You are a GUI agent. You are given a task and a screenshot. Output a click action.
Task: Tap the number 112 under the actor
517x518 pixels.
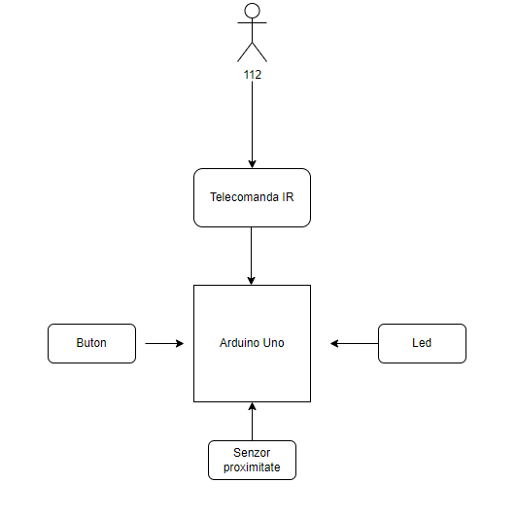[x=253, y=75]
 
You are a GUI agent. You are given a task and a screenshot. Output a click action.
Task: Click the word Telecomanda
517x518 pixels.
[x=245, y=197]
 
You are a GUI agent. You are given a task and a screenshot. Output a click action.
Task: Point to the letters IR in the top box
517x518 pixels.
[x=288, y=197]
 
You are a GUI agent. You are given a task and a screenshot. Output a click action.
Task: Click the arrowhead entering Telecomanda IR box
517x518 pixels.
[x=252, y=164]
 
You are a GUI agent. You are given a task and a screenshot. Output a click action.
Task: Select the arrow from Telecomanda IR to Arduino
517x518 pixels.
[x=251, y=256]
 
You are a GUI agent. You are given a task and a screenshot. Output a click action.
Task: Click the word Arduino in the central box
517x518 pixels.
[x=239, y=343]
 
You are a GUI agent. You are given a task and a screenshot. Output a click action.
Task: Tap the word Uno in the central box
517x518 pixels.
[x=273, y=343]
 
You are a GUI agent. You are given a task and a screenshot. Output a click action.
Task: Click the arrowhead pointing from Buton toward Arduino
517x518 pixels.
[x=180, y=344]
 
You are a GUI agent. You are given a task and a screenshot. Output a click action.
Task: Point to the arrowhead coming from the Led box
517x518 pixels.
[x=334, y=344]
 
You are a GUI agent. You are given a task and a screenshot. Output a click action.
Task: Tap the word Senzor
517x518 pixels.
[x=252, y=453]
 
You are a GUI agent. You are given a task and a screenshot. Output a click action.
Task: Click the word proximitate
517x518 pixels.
[x=252, y=467]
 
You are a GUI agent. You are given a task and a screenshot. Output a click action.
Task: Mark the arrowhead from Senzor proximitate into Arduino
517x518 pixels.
[x=252, y=406]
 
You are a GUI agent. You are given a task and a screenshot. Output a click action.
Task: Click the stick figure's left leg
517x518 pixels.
[x=245, y=52]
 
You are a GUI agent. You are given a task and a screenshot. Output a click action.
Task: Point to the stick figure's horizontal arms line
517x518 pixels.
[x=252, y=22]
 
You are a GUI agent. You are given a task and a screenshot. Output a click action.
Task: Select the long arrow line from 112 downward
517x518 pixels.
[x=252, y=124]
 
